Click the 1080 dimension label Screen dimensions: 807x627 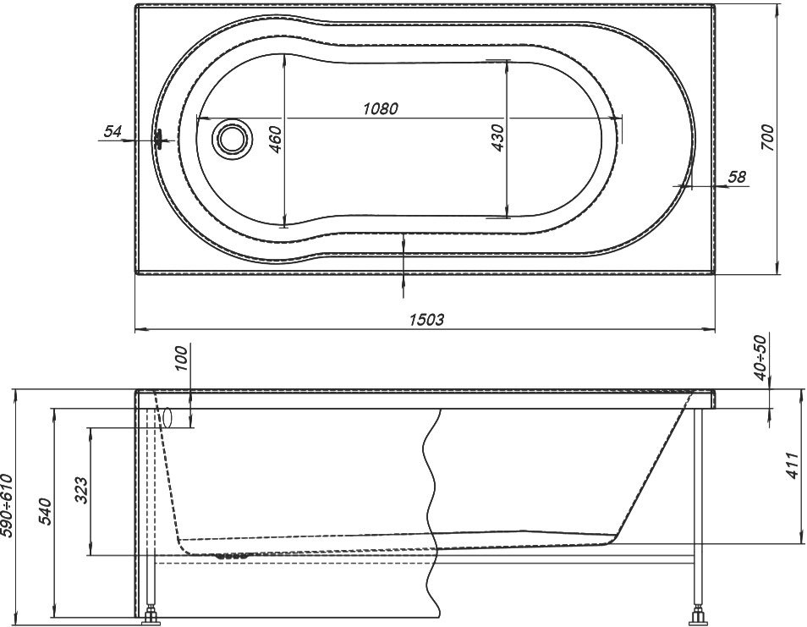click(x=381, y=108)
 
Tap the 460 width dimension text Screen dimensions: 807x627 click(x=276, y=139)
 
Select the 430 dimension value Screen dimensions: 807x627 click(x=497, y=137)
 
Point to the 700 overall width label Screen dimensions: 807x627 click(x=767, y=137)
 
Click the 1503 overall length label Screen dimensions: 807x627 click(x=426, y=320)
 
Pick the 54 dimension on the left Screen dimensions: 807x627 click(x=113, y=131)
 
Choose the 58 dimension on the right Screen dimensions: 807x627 click(x=737, y=177)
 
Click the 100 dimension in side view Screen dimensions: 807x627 click(x=183, y=360)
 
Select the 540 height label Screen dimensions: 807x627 click(x=46, y=511)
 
